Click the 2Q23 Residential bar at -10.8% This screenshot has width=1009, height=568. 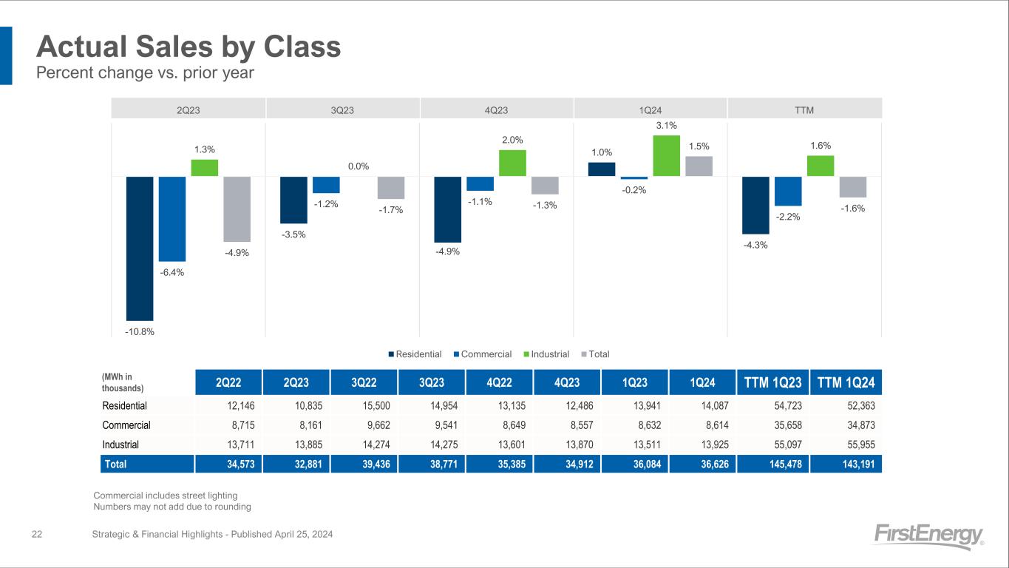[x=140, y=248]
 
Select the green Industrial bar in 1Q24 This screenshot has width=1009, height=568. [x=666, y=156]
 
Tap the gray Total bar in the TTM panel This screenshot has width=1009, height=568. [x=853, y=186]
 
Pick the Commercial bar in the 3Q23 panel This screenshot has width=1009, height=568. [x=326, y=184]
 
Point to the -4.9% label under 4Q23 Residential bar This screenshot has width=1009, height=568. [x=448, y=251]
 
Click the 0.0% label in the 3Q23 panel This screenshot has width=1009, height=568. [x=359, y=166]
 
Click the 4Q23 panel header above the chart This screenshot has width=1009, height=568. [x=496, y=110]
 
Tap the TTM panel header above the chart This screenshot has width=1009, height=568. [x=804, y=110]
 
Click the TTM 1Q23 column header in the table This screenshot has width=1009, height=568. [x=773, y=382]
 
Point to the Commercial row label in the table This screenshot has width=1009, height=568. [x=126, y=425]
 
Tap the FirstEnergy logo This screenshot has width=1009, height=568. [x=928, y=536]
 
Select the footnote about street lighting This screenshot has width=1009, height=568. [x=166, y=495]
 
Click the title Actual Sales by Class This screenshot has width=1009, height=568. [x=188, y=47]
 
